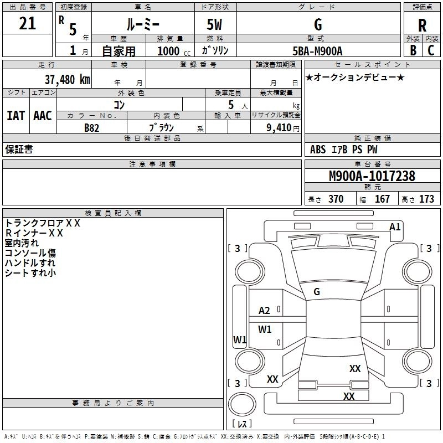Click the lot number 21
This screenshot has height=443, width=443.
coord(27,24)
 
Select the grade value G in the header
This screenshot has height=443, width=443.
coord(317,25)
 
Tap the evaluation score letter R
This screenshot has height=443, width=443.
coord(422,25)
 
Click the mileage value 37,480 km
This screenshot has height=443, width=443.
coord(67,79)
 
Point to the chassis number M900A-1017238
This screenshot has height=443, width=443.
coord(372,177)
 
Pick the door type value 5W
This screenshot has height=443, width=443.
coord(215,25)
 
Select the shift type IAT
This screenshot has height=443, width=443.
coord(16,116)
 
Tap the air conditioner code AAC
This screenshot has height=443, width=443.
coord(43,116)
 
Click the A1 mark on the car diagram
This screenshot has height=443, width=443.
coord(395,226)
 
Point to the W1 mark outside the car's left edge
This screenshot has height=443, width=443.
coord(239,339)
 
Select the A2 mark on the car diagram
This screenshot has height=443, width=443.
coord(265,310)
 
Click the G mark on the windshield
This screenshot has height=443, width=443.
coord(317,291)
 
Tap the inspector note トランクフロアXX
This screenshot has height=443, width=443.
coord(43,223)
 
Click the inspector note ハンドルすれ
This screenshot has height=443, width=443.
coord(30,262)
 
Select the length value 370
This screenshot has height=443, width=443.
coord(336,199)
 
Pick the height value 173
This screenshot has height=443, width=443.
coord(426,199)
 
